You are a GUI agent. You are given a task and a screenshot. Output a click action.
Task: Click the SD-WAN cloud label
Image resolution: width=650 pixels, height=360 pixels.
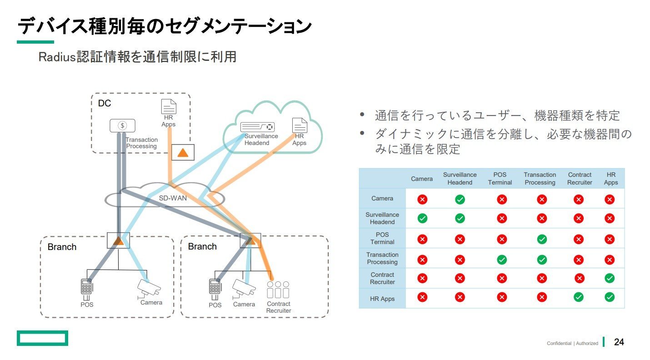pyautogui.click(x=173, y=198)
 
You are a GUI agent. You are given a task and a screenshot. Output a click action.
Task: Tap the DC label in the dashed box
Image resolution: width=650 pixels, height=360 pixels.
pyautogui.click(x=105, y=103)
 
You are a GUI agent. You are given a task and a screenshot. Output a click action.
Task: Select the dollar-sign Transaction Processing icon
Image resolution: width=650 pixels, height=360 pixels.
pyautogui.click(x=122, y=125)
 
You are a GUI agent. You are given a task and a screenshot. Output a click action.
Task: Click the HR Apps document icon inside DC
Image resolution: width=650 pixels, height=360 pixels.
pyautogui.click(x=169, y=106)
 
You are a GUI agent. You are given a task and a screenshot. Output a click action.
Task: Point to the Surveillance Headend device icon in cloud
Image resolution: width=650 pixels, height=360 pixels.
pyautogui.click(x=257, y=127)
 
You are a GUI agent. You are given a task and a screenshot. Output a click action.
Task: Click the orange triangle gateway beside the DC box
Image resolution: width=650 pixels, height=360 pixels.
pyautogui.click(x=183, y=152)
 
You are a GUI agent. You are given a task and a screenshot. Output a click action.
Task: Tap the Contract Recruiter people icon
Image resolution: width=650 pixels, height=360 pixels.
pyautogui.click(x=278, y=290)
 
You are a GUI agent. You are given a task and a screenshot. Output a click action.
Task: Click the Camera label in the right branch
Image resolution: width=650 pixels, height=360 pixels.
pyautogui.click(x=244, y=304)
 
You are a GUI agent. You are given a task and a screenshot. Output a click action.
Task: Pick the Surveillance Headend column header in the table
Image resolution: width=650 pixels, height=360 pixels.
pyautogui.click(x=460, y=178)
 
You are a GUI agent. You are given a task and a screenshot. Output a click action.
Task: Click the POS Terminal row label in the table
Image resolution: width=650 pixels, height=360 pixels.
pyautogui.click(x=382, y=238)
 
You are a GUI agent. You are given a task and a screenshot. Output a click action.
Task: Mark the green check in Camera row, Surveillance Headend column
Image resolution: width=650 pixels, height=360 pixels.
pyautogui.click(x=460, y=200)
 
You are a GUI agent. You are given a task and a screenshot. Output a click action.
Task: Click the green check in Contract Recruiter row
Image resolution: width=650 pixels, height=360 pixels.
pyautogui.click(x=610, y=278)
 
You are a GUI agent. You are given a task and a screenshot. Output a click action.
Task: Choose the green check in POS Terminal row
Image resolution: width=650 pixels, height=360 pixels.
pyautogui.click(x=542, y=240)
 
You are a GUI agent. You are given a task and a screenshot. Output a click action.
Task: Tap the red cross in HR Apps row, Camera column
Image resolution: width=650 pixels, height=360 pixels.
pyautogui.click(x=422, y=297)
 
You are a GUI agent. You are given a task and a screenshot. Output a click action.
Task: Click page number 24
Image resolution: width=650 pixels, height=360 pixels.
pyautogui.click(x=619, y=342)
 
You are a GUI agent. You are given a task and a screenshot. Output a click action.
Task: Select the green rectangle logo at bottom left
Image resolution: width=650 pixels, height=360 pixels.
pyautogui.click(x=42, y=338)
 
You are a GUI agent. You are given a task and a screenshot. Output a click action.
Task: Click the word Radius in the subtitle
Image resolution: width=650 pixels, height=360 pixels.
pyautogui.click(x=57, y=57)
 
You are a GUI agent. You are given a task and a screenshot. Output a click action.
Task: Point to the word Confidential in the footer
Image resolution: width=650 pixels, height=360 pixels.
pyautogui.click(x=559, y=344)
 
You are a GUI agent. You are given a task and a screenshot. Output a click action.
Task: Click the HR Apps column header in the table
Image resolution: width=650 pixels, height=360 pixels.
pyautogui.click(x=611, y=178)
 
